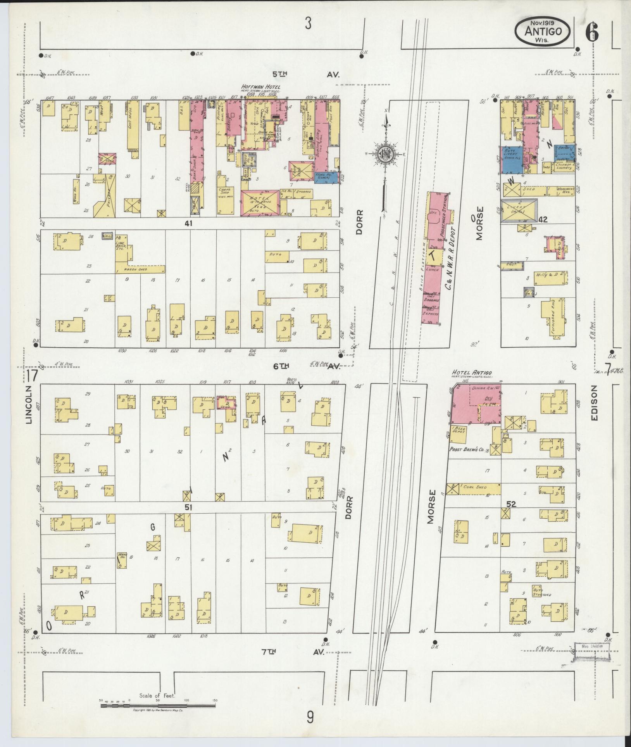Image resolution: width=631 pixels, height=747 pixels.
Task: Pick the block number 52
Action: [x=511, y=504]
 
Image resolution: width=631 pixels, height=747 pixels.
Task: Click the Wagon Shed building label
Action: [x=134, y=269]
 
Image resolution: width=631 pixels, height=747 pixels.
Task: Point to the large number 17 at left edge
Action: [x=33, y=376]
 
